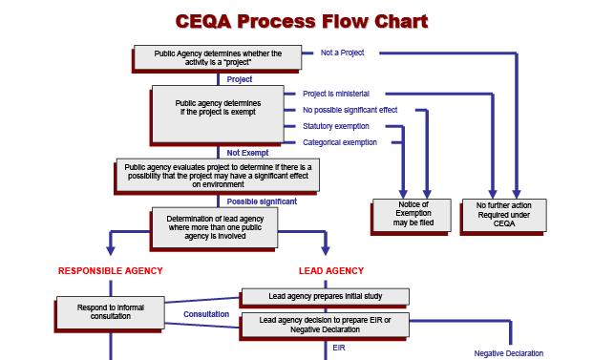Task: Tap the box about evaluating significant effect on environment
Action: click(x=218, y=175)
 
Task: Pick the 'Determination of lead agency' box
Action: click(x=215, y=227)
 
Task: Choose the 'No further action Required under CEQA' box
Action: click(x=503, y=215)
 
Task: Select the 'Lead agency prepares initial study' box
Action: click(x=325, y=296)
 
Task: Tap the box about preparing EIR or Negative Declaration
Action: click(x=325, y=325)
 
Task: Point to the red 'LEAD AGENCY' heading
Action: click(x=331, y=271)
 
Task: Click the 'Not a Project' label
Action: click(x=341, y=52)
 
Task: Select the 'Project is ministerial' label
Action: click(x=335, y=94)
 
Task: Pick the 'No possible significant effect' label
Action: click(x=349, y=110)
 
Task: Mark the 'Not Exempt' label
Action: click(x=247, y=152)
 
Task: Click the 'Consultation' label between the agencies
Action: click(x=206, y=313)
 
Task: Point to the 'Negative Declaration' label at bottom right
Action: click(x=508, y=352)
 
